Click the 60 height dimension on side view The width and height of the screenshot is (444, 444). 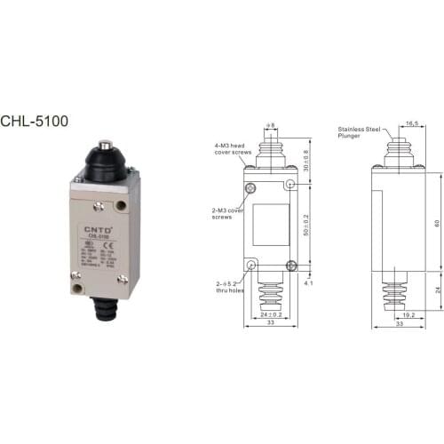434,223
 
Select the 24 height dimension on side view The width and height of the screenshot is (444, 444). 434,289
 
